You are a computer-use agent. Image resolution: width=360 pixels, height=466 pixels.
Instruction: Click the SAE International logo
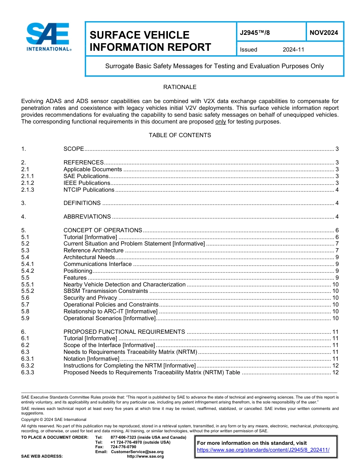pyautogui.click(x=48, y=37)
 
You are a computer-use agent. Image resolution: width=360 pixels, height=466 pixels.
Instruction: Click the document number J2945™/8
pyautogui.click(x=255, y=33)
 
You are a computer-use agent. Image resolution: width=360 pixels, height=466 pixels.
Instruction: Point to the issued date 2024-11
pyautogui.click(x=293, y=50)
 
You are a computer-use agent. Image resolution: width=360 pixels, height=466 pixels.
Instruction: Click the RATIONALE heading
pyautogui.click(x=180, y=87)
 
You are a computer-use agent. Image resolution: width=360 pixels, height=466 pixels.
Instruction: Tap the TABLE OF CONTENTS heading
pyautogui.click(x=180, y=135)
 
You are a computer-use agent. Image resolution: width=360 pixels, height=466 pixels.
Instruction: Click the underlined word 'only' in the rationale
pyautogui.click(x=221, y=122)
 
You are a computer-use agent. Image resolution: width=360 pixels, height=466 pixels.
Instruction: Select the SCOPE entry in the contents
pyautogui.click(x=74, y=149)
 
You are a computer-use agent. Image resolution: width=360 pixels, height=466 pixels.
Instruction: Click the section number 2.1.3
pyautogui.click(x=28, y=190)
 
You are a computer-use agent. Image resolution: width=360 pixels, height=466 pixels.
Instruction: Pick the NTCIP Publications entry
pyautogui.click(x=89, y=190)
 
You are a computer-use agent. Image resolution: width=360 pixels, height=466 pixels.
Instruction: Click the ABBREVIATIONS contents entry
pyautogui.click(x=87, y=217)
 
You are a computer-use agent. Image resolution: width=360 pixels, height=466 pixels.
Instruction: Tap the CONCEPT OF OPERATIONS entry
pyautogui.click(x=103, y=230)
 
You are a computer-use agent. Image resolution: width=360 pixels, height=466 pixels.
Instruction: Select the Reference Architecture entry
pyautogui.click(x=94, y=250)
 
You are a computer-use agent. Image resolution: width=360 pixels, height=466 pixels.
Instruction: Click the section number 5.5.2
pyautogui.click(x=28, y=291)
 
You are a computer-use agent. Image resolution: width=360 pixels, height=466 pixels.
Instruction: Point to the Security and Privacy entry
pyautogui.click(x=90, y=298)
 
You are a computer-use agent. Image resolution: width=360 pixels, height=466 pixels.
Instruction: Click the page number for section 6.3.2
pyautogui.click(x=335, y=366)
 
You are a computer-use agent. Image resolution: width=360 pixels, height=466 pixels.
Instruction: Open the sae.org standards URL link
pyautogui.click(x=263, y=450)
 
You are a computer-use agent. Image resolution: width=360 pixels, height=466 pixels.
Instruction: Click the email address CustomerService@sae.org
pyautogui.click(x=137, y=452)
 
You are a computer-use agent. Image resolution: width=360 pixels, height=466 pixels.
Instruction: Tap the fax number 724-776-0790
pyautogui.click(x=123, y=447)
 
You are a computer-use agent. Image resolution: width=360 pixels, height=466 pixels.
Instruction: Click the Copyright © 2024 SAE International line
pyautogui.click(x=54, y=419)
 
